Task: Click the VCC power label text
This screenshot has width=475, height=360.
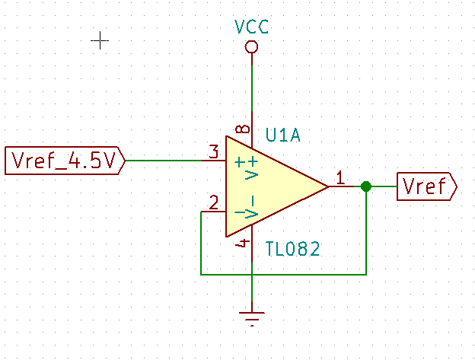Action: [251, 28]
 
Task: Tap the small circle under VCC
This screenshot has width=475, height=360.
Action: [251, 47]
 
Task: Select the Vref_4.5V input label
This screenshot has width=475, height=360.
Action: [64, 161]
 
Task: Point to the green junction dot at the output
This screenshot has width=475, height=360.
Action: [366, 186]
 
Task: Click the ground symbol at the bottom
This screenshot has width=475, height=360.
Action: [251, 317]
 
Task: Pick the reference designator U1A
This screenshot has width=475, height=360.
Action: [283, 135]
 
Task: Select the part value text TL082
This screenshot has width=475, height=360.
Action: [292, 248]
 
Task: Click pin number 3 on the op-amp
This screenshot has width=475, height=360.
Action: [214, 151]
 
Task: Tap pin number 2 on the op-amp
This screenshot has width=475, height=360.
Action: [214, 202]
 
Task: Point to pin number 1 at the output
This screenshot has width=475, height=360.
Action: [340, 177]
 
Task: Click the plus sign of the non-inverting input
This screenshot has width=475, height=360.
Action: [241, 161]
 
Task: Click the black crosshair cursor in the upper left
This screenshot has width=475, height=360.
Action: [100, 40]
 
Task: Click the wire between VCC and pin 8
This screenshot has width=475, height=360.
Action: [251, 88]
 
